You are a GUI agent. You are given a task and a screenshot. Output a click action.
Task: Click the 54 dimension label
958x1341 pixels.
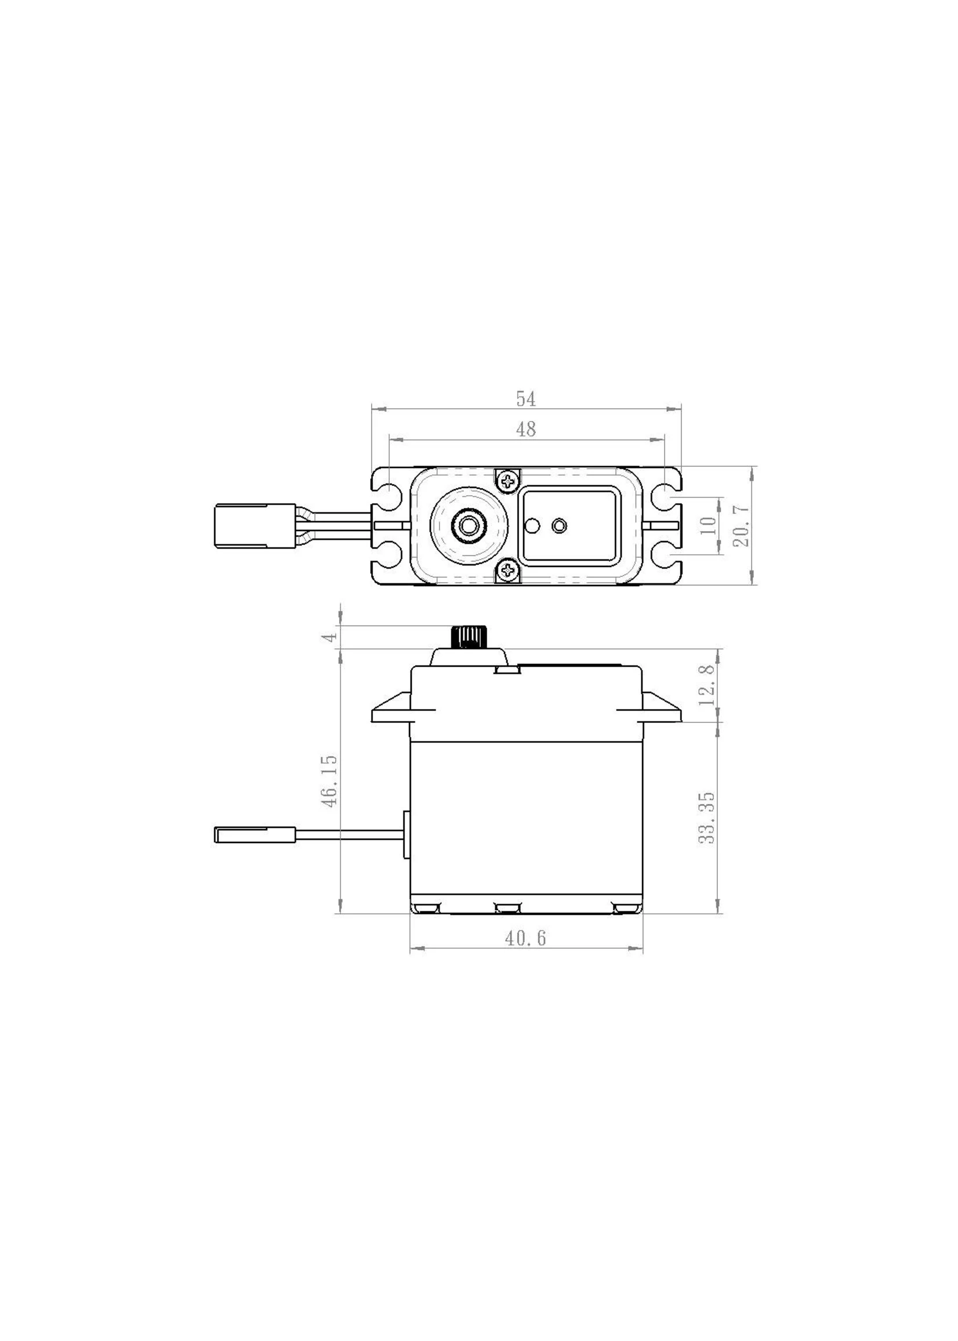coord(525,399)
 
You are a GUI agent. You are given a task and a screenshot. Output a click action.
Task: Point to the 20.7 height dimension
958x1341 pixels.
coord(743,525)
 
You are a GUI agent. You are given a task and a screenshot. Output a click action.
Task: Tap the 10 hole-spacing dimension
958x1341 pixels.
coord(710,525)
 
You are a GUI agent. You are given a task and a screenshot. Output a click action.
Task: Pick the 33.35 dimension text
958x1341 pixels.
coord(707,817)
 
